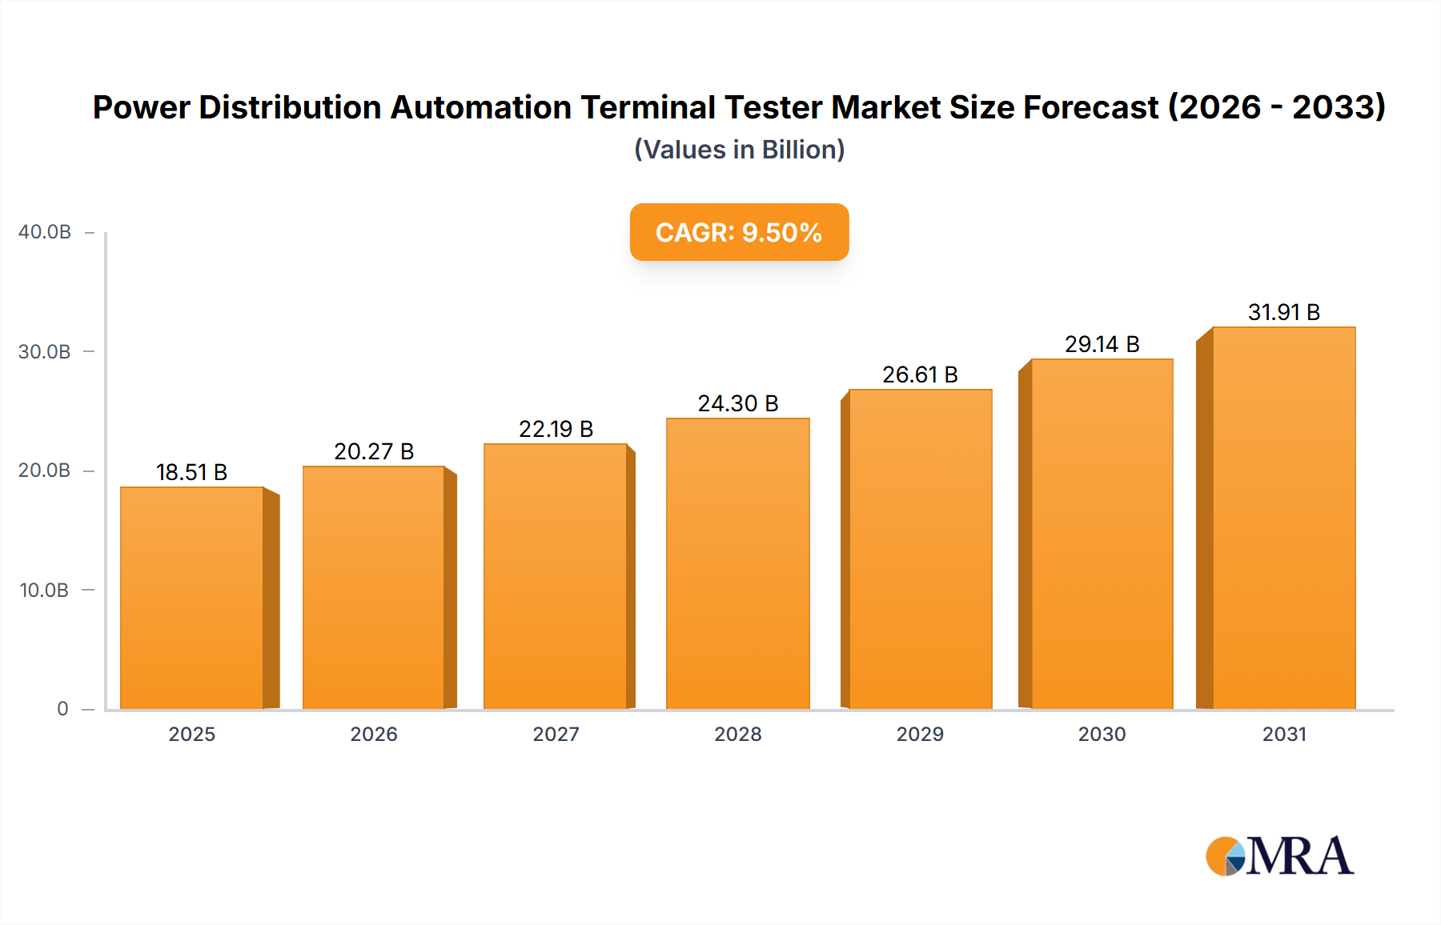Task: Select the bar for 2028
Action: point(737,563)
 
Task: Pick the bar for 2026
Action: point(374,587)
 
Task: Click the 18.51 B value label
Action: point(192,473)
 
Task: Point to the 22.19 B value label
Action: point(556,430)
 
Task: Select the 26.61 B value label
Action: point(920,375)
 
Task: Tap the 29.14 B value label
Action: point(1102,345)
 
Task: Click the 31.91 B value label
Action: point(1283,313)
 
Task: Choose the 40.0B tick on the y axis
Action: point(45,232)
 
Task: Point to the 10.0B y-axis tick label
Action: point(44,591)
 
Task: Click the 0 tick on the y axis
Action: point(62,709)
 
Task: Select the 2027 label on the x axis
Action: point(556,735)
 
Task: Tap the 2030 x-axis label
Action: point(1102,735)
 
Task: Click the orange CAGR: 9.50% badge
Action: point(739,232)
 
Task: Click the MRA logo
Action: point(1279,857)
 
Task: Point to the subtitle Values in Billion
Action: point(739,150)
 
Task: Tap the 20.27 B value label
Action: point(374,452)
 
